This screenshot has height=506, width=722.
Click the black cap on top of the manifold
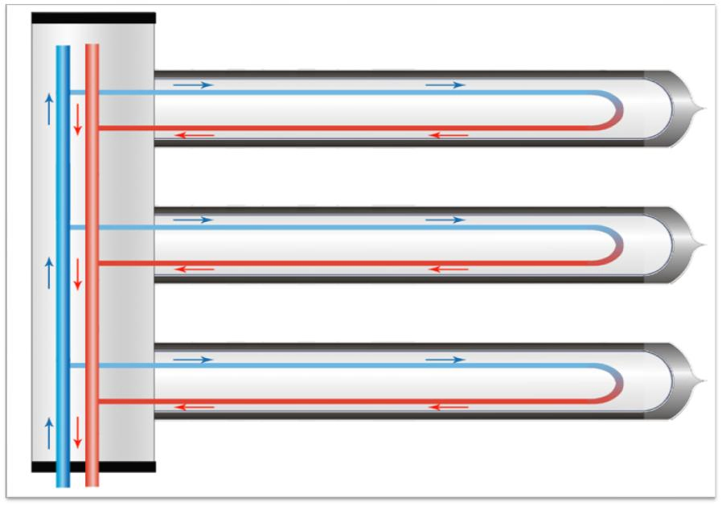pyautogui.click(x=92, y=17)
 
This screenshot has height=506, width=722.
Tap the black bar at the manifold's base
pyautogui.click(x=92, y=467)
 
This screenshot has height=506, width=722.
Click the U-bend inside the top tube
pyautogui.click(x=617, y=110)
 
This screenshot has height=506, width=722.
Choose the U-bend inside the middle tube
pyautogui.click(x=617, y=245)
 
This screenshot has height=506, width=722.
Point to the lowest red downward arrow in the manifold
pyautogui.click(x=78, y=433)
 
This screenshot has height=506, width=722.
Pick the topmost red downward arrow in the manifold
pyautogui.click(x=78, y=120)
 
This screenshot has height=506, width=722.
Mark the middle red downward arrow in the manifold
pyautogui.click(x=78, y=275)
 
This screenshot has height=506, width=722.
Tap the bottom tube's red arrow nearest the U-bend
pyautogui.click(x=447, y=406)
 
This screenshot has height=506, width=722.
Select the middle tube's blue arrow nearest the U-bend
pyautogui.click(x=445, y=220)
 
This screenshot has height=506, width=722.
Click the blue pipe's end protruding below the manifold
pyautogui.click(x=63, y=480)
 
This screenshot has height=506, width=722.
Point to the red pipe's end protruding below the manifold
pyautogui.click(x=92, y=480)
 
